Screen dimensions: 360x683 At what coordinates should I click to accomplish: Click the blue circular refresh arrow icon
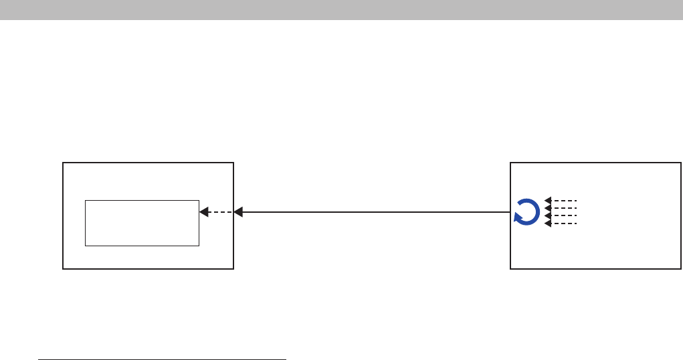pyautogui.click(x=525, y=212)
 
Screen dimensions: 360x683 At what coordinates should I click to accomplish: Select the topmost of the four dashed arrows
pyautogui.click(x=561, y=200)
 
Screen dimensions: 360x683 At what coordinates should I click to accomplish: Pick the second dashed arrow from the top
pyautogui.click(x=561, y=207)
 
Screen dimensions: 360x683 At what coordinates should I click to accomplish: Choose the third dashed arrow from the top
pyautogui.click(x=561, y=215)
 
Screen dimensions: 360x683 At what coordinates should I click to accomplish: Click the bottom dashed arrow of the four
pyautogui.click(x=561, y=223)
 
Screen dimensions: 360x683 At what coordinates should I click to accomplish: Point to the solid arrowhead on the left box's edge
pyautogui.click(x=238, y=212)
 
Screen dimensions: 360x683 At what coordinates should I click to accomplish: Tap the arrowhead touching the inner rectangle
pyautogui.click(x=203, y=212)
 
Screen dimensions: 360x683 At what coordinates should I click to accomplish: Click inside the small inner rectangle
pyautogui.click(x=142, y=223)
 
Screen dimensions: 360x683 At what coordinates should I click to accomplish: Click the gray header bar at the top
pyautogui.click(x=341, y=9)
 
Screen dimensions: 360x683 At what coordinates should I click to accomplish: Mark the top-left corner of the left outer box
pyautogui.click(x=63, y=163)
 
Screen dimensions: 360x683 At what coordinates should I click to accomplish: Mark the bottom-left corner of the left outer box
pyautogui.click(x=63, y=269)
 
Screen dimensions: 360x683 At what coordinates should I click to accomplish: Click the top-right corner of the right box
pyautogui.click(x=681, y=163)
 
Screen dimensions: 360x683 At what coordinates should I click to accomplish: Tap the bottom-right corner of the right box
pyautogui.click(x=681, y=269)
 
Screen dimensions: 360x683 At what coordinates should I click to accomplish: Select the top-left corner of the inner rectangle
pyautogui.click(x=86, y=200)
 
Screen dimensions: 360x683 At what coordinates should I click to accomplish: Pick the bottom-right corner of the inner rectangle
pyautogui.click(x=199, y=246)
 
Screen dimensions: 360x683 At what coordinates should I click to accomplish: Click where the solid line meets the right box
pyautogui.click(x=510, y=212)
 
